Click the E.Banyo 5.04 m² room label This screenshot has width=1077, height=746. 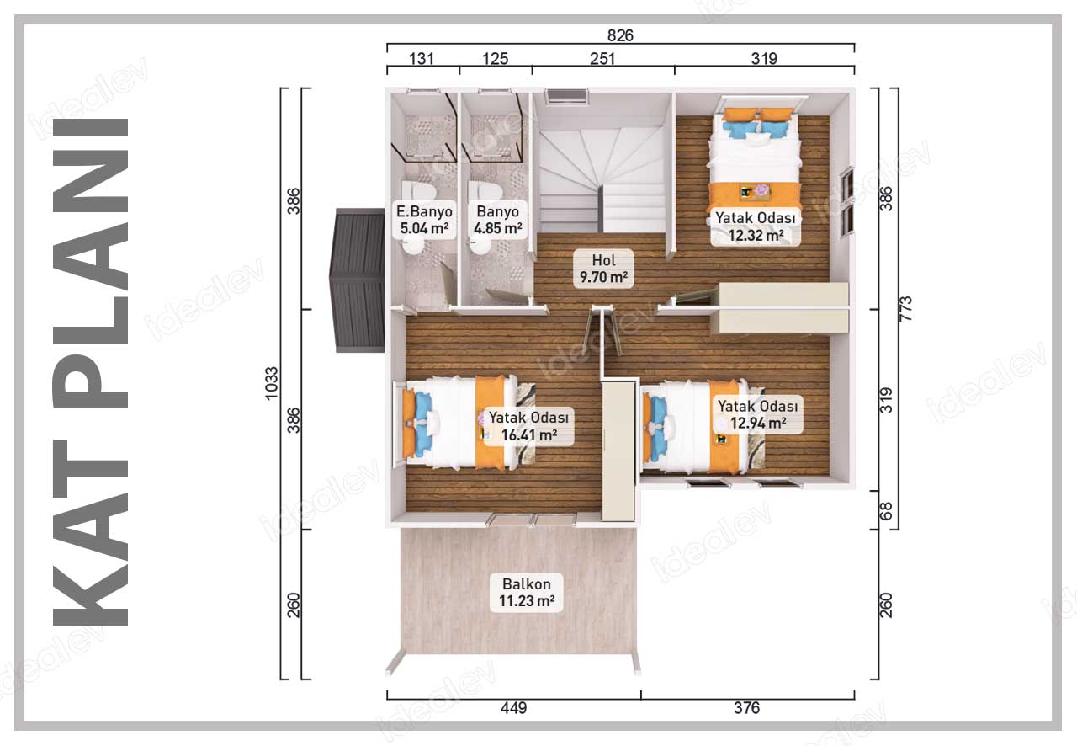pyautogui.click(x=423, y=220)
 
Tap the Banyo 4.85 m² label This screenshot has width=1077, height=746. pyautogui.click(x=497, y=220)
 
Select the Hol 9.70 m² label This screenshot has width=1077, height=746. pyautogui.click(x=603, y=269)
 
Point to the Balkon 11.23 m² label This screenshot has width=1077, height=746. pyautogui.click(x=527, y=592)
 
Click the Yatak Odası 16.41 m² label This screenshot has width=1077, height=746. pyautogui.click(x=529, y=426)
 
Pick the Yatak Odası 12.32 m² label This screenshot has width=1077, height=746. pyautogui.click(x=756, y=226)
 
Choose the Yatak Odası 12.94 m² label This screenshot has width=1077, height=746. pyautogui.click(x=758, y=414)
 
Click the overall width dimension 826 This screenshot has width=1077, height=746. pyautogui.click(x=620, y=35)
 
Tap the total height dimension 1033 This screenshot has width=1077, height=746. pyautogui.click(x=272, y=383)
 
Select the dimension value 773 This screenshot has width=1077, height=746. pyautogui.click(x=905, y=308)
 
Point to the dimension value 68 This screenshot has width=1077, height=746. pyautogui.click(x=886, y=510)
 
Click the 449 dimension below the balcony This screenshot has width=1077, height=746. pyautogui.click(x=513, y=708)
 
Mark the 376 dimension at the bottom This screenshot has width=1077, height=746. pyautogui.click(x=746, y=708)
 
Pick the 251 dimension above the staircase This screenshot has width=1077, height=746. pyautogui.click(x=602, y=59)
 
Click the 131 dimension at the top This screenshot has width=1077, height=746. pyautogui.click(x=422, y=59)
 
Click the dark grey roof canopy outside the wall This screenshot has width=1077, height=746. pyautogui.click(x=357, y=280)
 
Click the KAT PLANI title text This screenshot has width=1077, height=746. pyautogui.click(x=90, y=371)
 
